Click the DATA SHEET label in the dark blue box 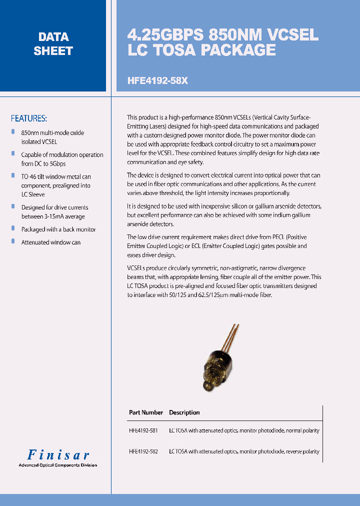53,44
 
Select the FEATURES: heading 29,118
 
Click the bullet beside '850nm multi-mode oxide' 13,132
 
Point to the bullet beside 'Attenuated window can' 13,241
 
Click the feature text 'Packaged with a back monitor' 58,229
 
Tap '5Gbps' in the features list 57,164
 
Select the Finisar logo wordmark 58,455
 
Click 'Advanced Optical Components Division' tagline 57,465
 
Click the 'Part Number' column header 145,412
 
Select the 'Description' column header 184,412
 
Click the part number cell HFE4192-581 143,430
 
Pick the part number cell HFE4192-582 143,451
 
